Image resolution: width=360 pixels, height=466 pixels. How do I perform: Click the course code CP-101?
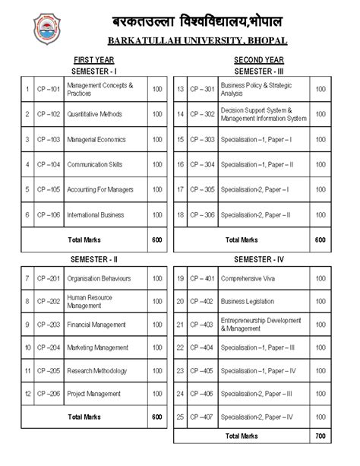(49, 89)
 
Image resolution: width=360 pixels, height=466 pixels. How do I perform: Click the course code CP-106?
(49, 215)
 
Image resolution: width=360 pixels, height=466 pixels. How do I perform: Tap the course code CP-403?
(201, 325)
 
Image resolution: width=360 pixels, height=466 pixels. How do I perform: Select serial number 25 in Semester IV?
(181, 417)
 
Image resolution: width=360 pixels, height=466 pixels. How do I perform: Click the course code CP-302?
(201, 114)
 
